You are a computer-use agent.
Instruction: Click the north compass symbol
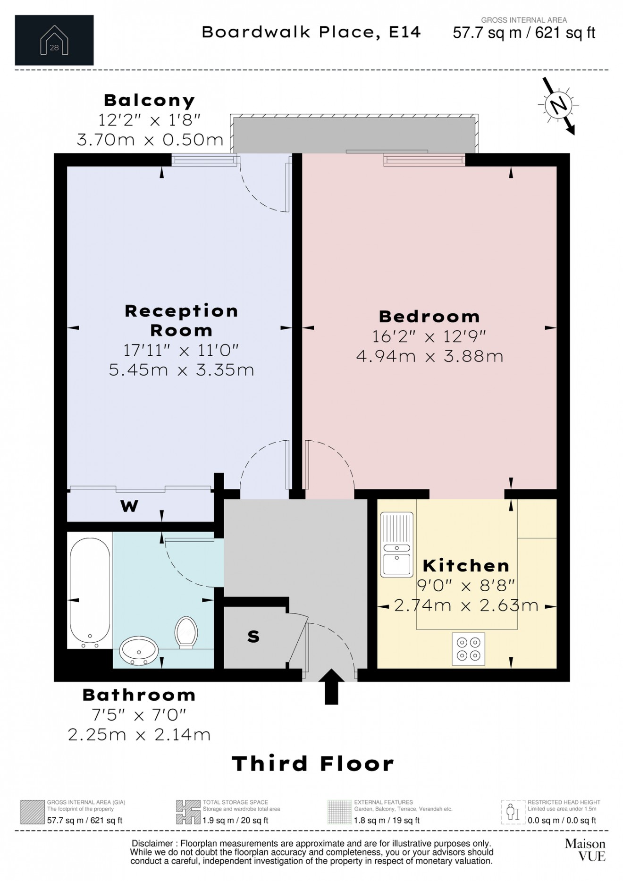pyautogui.click(x=558, y=105)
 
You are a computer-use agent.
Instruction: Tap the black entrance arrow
pyautogui.click(x=331, y=686)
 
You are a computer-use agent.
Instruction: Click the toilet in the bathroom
pyautogui.click(x=186, y=632)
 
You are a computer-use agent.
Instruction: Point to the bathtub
pyautogui.click(x=90, y=590)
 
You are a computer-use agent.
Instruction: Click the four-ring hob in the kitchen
pyautogui.click(x=468, y=649)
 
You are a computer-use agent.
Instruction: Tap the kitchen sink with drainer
pyautogui.click(x=396, y=545)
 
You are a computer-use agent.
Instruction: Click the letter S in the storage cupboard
pyautogui.click(x=253, y=637)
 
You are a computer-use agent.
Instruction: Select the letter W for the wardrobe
pyautogui.click(x=129, y=506)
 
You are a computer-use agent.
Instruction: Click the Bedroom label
pyautogui.click(x=429, y=316)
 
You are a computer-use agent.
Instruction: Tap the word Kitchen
pyautogui.click(x=466, y=565)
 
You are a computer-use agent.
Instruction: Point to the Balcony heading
pyautogui.click(x=149, y=101)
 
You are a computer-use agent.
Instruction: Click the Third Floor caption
pyautogui.click(x=312, y=764)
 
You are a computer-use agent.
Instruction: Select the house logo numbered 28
pyautogui.click(x=54, y=41)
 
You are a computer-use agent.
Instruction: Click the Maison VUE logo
pyautogui.click(x=585, y=849)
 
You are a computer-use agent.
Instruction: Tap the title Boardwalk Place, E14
pyautogui.click(x=311, y=32)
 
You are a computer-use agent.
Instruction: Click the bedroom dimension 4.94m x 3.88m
pyautogui.click(x=429, y=356)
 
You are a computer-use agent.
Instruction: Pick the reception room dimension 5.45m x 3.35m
pyautogui.click(x=181, y=369)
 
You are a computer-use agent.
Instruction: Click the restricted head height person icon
pyautogui.click(x=513, y=812)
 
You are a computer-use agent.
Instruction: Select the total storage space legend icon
pyautogui.click(x=188, y=812)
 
